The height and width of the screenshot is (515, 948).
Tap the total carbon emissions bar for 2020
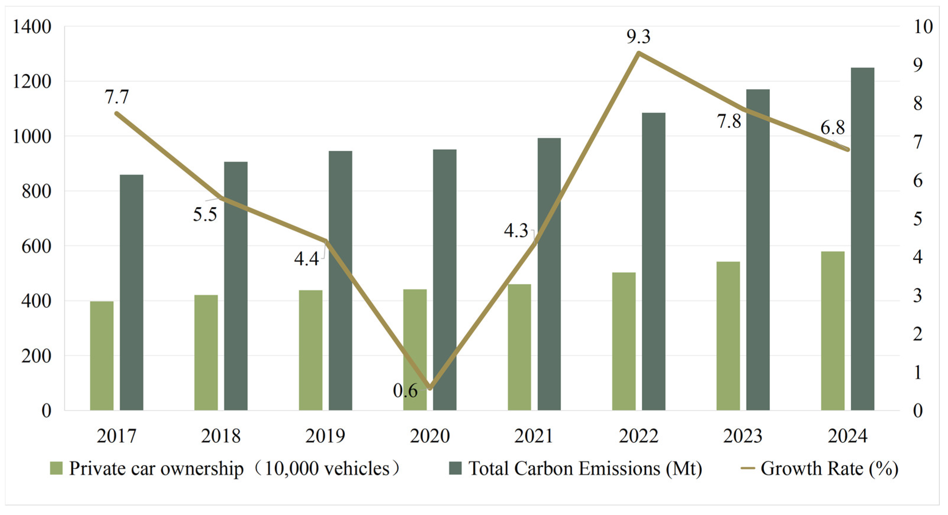coord(445,280)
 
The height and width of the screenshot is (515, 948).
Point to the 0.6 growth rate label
coord(405,391)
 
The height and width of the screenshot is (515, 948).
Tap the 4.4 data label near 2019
coord(306,259)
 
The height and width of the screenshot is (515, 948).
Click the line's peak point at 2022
coord(639,53)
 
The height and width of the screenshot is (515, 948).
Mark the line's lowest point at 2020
coord(430,388)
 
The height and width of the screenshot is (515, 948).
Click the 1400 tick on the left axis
coord(32,27)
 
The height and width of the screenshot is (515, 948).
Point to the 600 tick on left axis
coord(36,246)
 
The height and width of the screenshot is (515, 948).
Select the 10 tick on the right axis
coord(923,27)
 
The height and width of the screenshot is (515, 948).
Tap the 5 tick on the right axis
coord(918,219)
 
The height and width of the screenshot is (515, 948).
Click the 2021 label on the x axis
coord(534,436)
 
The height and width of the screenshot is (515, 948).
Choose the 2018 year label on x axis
coord(221,436)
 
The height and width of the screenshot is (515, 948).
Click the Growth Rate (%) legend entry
coord(829,469)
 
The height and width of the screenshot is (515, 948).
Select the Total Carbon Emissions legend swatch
coord(455,469)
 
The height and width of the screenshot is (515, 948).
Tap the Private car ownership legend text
coord(156,469)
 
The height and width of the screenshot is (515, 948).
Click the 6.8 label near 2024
coord(833,128)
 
